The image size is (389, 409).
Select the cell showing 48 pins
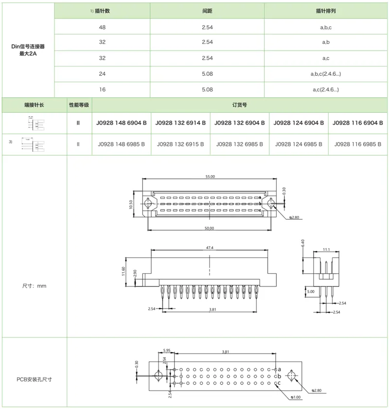102,27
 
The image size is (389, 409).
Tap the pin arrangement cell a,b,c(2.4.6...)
326,74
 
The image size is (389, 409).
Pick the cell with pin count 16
102,89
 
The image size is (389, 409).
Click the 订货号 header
240,105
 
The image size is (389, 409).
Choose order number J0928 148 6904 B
122,123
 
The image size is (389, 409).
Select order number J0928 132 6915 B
181,144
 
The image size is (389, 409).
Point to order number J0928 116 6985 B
358,144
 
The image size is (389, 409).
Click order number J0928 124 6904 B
299,123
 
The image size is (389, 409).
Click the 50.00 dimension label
209,228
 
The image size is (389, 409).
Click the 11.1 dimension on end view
326,250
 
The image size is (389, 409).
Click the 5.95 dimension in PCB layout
167,351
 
